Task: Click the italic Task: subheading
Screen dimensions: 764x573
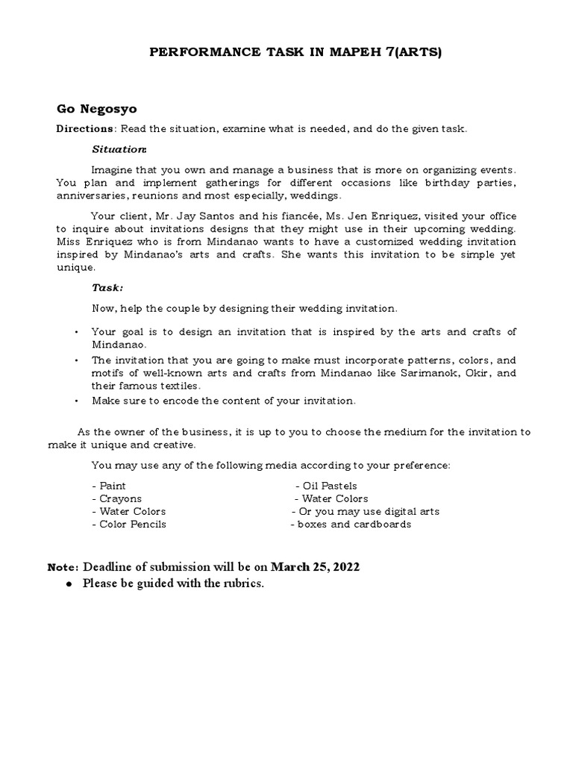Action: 108,287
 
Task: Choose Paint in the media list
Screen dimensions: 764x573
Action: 109,486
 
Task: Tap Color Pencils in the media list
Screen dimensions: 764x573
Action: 129,524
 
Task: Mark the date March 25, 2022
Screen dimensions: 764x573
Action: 315,567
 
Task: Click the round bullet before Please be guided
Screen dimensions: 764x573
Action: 68,583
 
